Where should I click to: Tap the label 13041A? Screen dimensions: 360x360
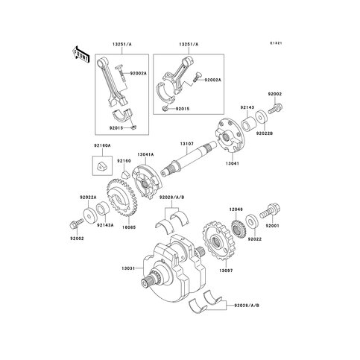click(x=145, y=155)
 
